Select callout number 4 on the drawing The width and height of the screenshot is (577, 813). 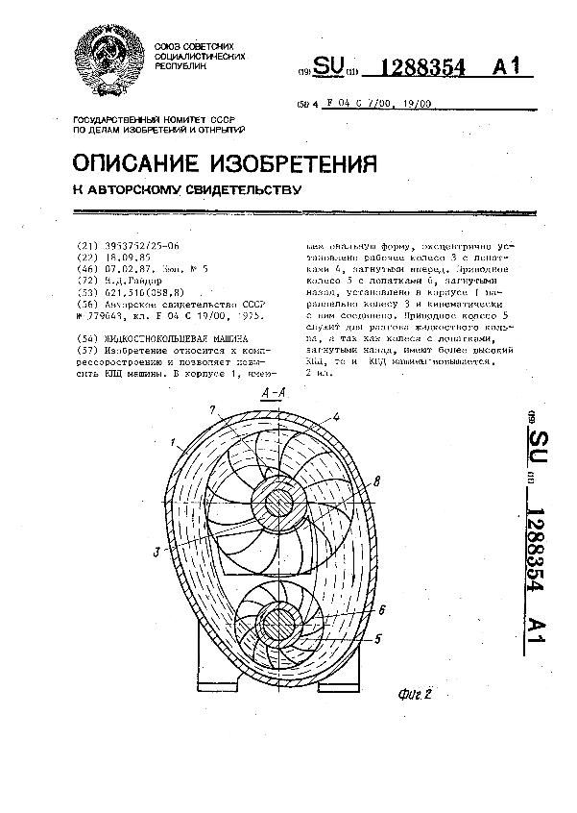coord(337,417)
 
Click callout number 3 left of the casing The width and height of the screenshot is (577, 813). coord(156,553)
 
